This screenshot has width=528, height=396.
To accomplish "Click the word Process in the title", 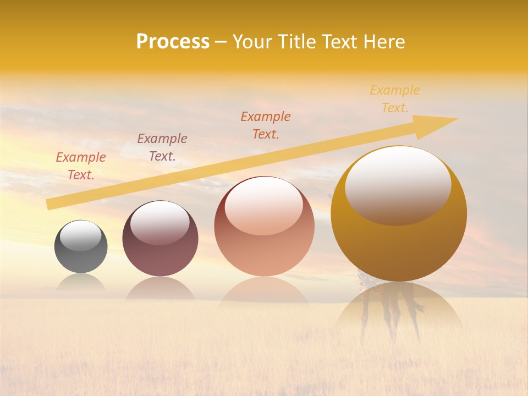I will click(x=173, y=42).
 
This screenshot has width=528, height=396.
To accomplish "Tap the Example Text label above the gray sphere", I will click(x=81, y=166).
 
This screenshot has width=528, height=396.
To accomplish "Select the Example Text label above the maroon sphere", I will click(x=162, y=147).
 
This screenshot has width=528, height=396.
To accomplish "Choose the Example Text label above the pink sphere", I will click(x=266, y=125).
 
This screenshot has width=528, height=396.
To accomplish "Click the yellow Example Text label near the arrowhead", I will click(x=395, y=99).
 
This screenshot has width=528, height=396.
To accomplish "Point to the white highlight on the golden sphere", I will click(x=398, y=184).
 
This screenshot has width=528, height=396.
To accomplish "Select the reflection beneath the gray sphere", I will click(x=81, y=282).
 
